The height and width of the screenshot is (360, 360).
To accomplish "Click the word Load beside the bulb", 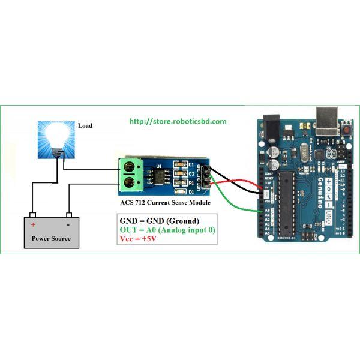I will [x=86, y=126].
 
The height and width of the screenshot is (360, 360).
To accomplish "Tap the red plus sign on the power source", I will [x=33, y=224].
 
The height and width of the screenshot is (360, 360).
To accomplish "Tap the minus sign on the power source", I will [x=70, y=224].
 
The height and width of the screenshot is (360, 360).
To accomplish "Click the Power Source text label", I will [x=51, y=238].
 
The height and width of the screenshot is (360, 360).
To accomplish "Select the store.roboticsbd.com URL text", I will [x=178, y=121].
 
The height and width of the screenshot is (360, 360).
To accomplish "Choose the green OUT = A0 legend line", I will [x=167, y=230].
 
